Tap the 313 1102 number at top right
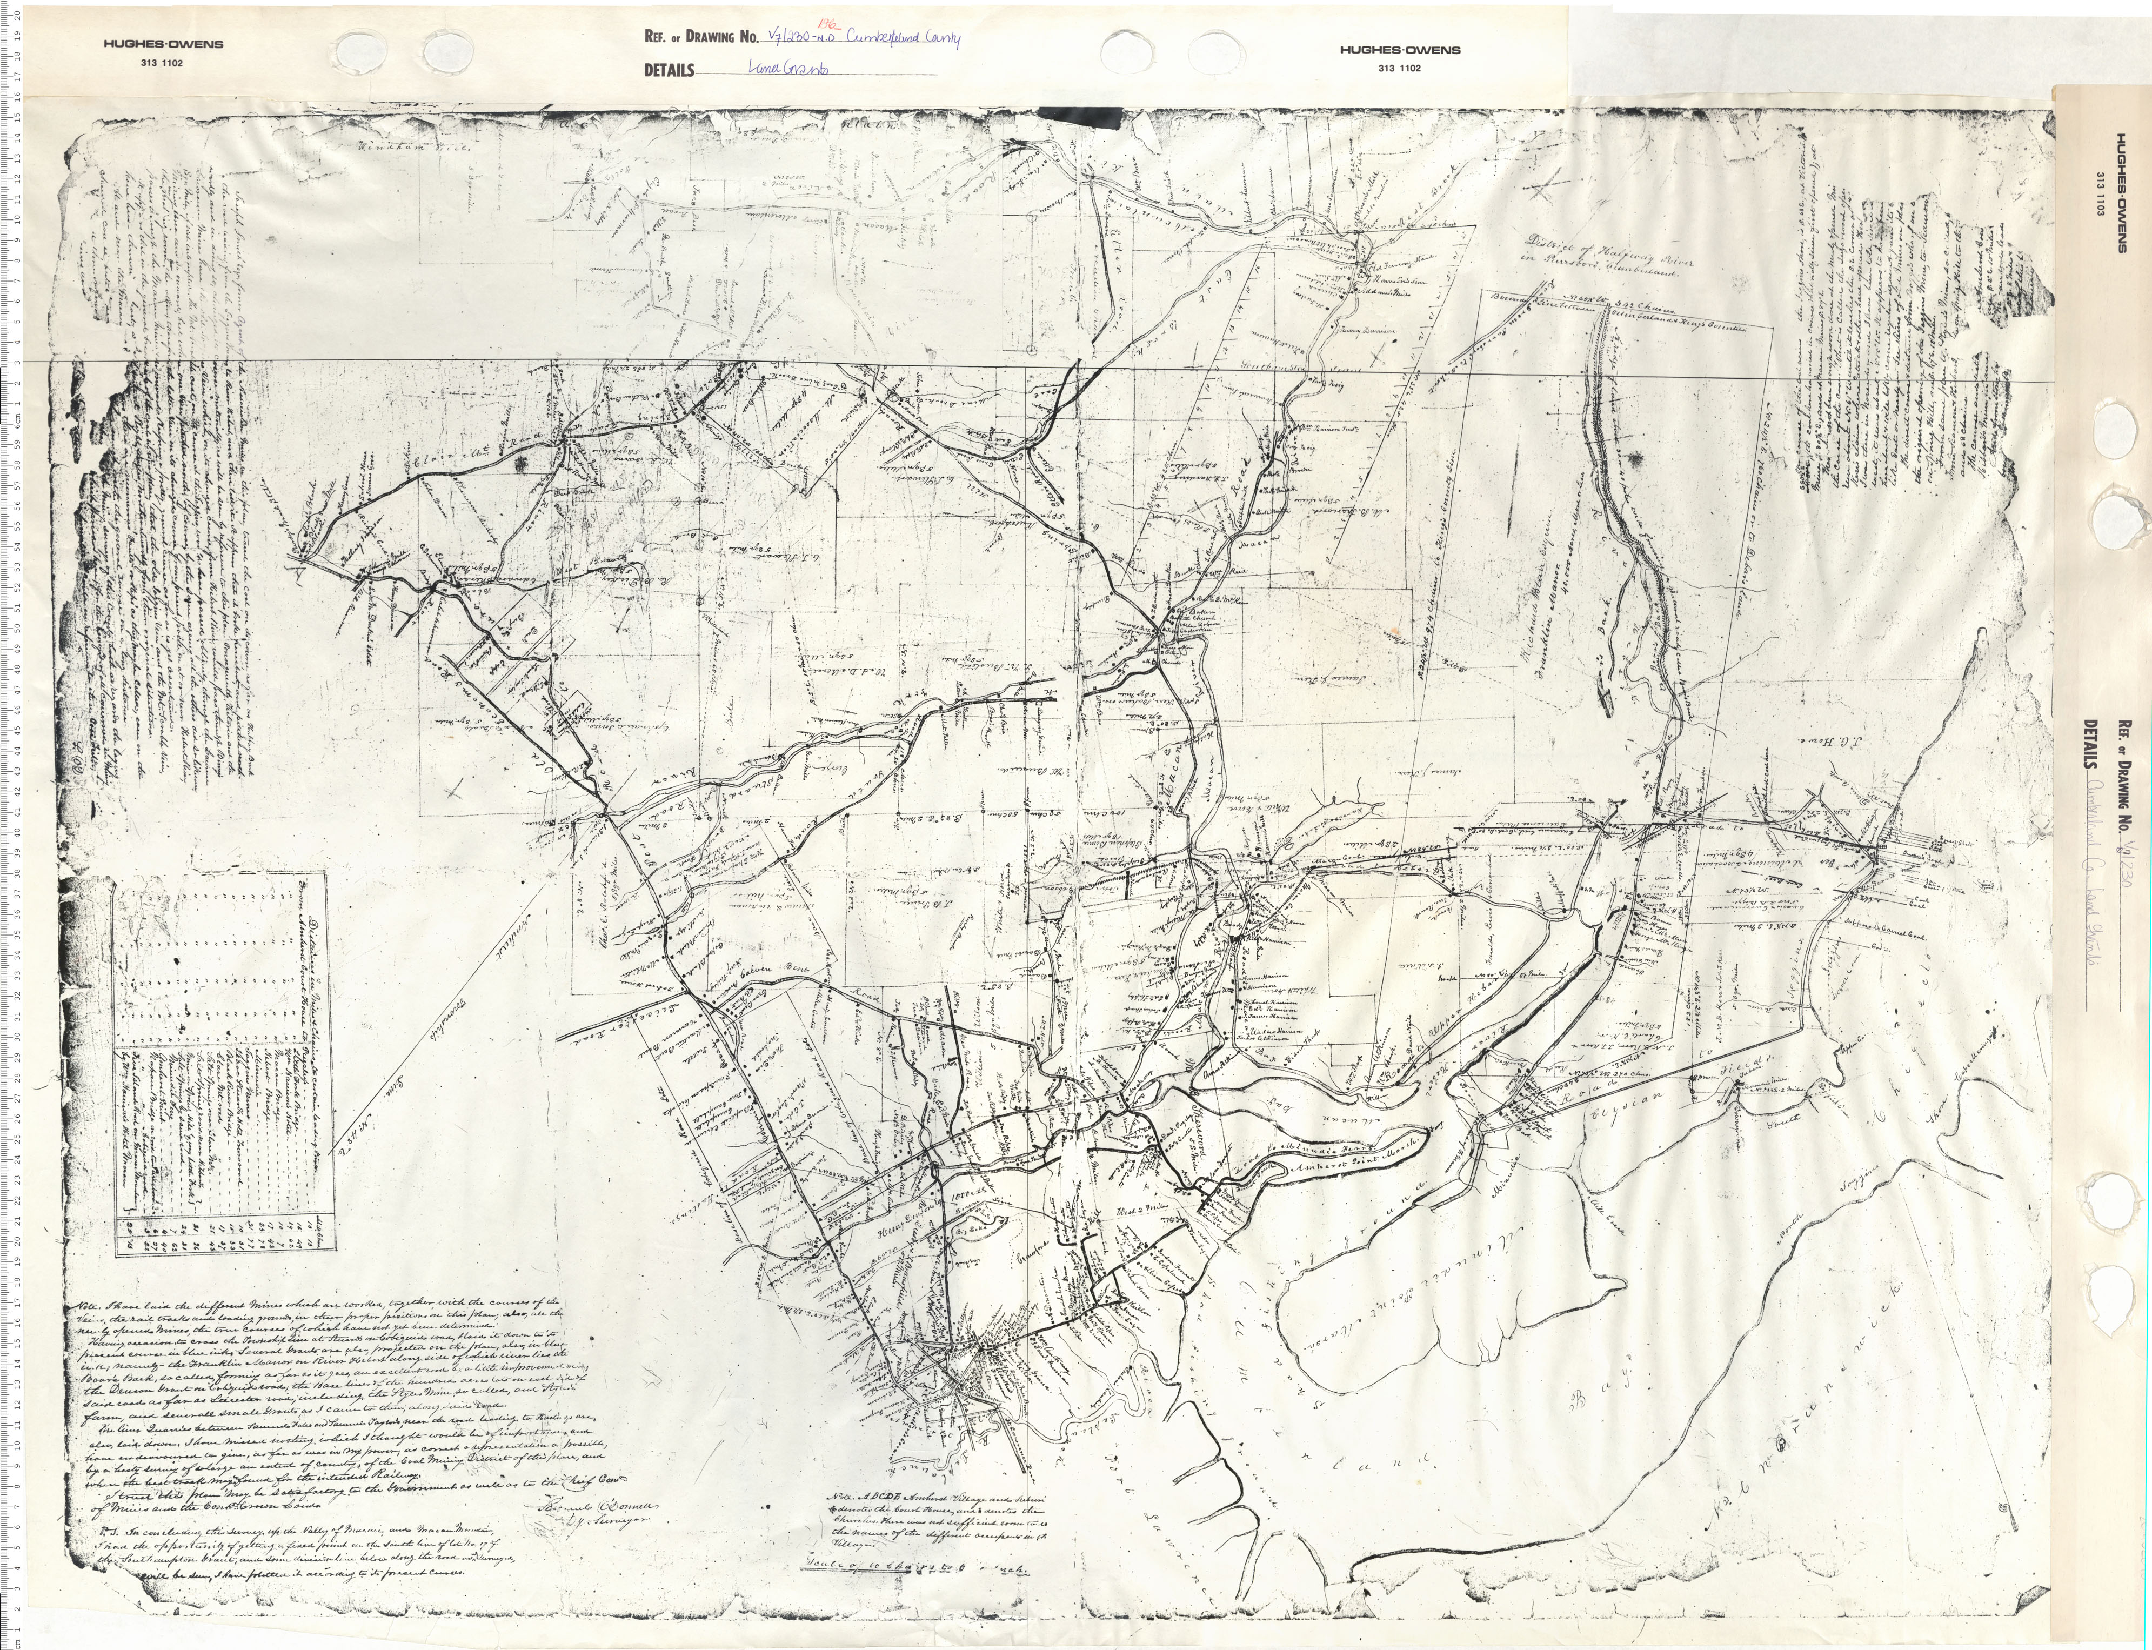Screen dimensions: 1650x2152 click(1399, 68)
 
